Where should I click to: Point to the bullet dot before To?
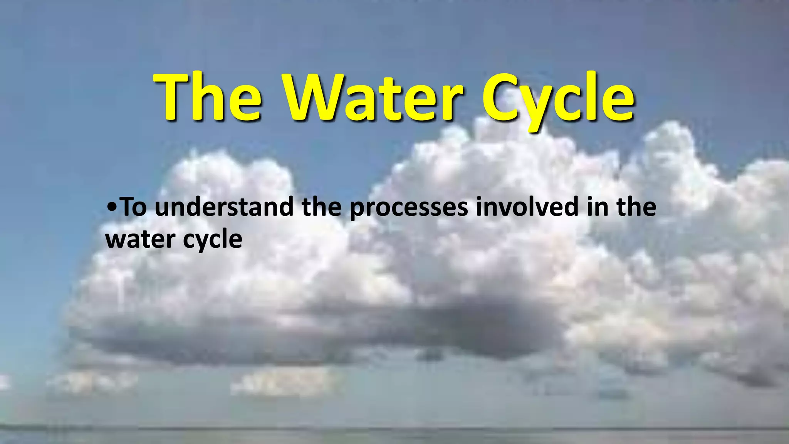click(112, 207)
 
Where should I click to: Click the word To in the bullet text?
click(134, 207)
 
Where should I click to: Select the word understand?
click(224, 207)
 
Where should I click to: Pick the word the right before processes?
click(322, 207)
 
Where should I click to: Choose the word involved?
click(527, 207)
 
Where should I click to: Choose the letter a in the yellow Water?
click(361, 102)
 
